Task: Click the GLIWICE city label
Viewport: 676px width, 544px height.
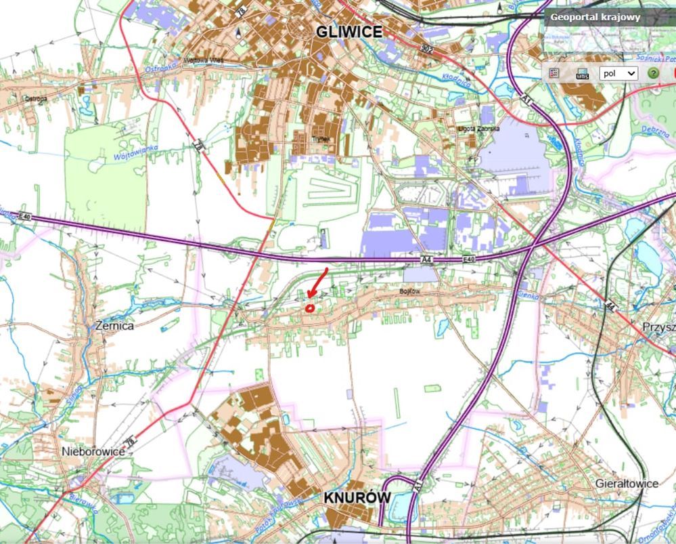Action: (x=348, y=32)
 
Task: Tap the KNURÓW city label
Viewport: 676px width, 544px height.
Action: (x=357, y=497)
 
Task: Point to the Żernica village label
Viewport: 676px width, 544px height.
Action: (x=115, y=326)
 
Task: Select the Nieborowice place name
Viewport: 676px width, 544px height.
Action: (x=93, y=451)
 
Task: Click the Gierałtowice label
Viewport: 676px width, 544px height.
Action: (x=627, y=484)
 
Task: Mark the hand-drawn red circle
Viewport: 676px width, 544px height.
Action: (x=310, y=308)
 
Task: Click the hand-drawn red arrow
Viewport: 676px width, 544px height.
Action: (x=318, y=282)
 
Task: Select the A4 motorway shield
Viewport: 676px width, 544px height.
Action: (x=426, y=259)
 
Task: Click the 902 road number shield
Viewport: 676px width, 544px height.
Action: (x=426, y=49)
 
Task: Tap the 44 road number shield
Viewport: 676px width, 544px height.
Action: (x=610, y=305)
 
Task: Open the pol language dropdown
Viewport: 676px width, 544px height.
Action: (x=619, y=73)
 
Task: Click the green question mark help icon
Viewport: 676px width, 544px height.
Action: (x=653, y=73)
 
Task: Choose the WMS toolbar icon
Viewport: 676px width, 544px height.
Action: (x=582, y=74)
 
